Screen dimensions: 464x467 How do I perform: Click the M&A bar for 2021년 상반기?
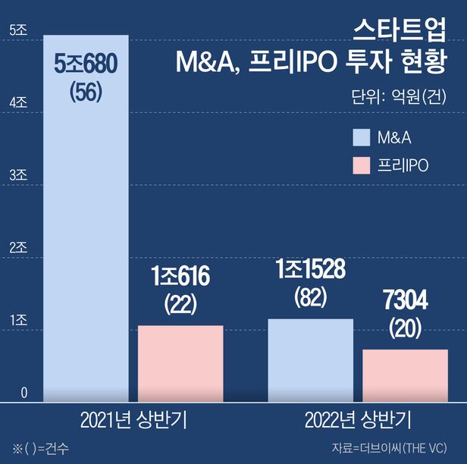tap(86, 227)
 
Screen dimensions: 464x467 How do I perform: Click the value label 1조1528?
tap(311, 269)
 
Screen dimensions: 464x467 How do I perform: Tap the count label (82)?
tap(311, 296)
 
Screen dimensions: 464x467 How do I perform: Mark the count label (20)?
tap(405, 328)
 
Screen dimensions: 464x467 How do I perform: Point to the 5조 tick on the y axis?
tap(17, 30)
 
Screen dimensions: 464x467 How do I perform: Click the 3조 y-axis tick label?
tap(17, 175)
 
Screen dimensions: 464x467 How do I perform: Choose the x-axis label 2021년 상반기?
tap(133, 420)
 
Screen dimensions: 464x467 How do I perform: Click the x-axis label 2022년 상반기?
tap(358, 420)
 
